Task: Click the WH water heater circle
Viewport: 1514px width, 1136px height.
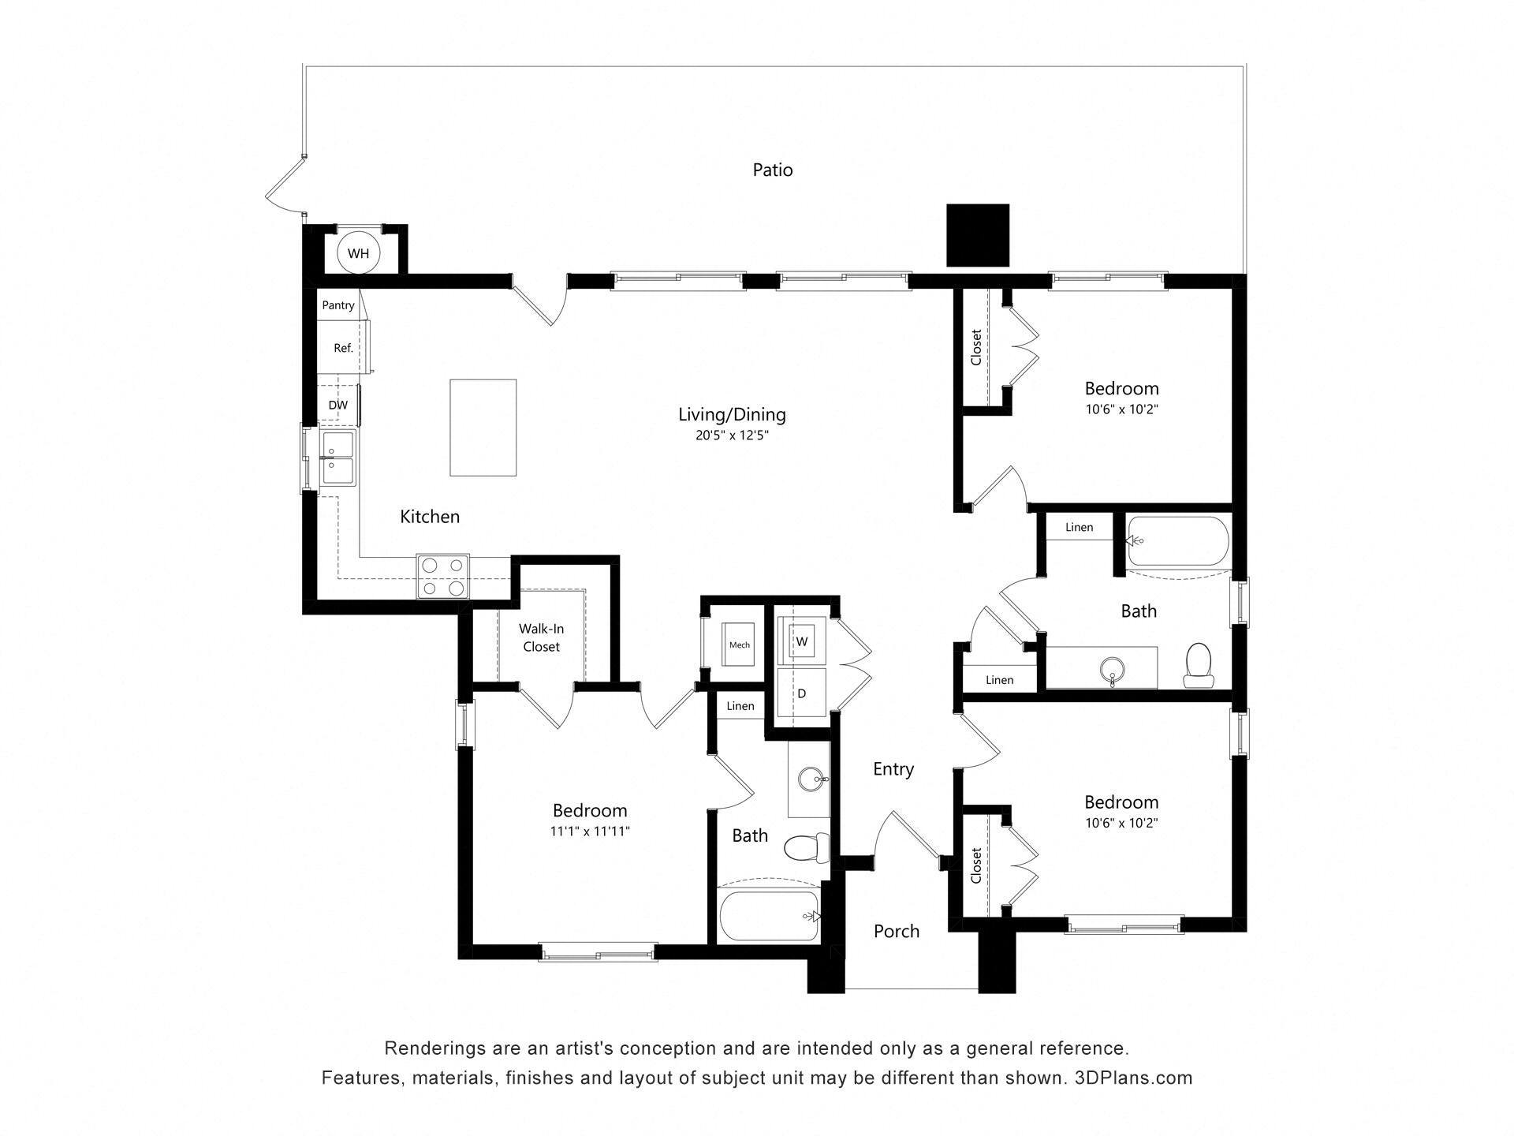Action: click(x=358, y=253)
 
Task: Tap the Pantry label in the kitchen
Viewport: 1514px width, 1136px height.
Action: click(x=338, y=305)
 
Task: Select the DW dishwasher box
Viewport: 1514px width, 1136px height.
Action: click(x=338, y=405)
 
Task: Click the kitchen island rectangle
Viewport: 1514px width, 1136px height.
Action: click(x=483, y=427)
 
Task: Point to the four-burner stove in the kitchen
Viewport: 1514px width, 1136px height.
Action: click(x=442, y=577)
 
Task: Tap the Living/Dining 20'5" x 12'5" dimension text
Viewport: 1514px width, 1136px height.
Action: click(x=731, y=435)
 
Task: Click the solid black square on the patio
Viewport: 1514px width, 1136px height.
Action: click(x=977, y=235)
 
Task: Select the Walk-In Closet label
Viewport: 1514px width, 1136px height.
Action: click(x=541, y=637)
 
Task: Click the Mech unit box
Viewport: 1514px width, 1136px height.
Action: click(x=739, y=645)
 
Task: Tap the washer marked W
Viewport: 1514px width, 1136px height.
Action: click(x=802, y=641)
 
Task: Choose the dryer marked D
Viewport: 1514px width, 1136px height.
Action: click(x=802, y=693)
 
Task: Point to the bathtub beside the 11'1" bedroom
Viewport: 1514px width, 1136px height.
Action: click(x=769, y=915)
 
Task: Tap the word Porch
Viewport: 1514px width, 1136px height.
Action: click(x=896, y=932)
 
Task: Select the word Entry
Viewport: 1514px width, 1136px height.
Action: click(x=893, y=769)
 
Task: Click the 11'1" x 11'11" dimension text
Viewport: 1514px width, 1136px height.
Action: click(x=590, y=831)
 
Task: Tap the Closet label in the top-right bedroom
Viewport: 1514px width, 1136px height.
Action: click(x=976, y=347)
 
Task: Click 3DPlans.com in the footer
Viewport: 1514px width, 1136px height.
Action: click(x=1133, y=1078)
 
